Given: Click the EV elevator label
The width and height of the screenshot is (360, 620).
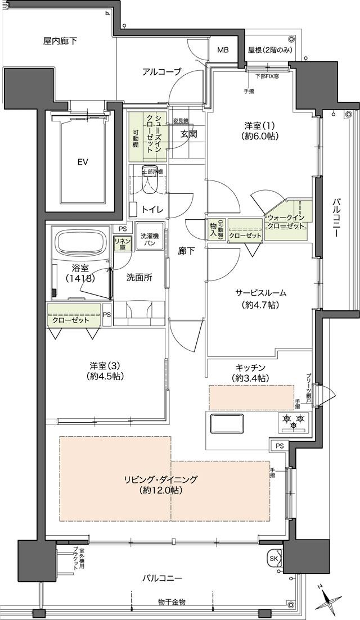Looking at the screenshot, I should tap(83, 162).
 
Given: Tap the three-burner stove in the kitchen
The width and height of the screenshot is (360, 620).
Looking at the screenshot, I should tap(294, 422).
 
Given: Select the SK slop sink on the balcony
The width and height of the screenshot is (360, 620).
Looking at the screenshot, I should tap(274, 558).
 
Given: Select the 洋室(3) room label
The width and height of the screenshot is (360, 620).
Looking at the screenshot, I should tap(106, 370).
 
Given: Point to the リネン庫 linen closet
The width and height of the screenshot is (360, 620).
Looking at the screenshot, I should tap(123, 243).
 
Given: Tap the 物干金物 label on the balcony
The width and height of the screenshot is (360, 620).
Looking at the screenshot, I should tap(172, 602).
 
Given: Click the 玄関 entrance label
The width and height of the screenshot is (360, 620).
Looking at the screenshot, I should tap(188, 134).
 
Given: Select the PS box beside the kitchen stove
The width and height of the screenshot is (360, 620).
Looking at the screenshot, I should tap(280, 446).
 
